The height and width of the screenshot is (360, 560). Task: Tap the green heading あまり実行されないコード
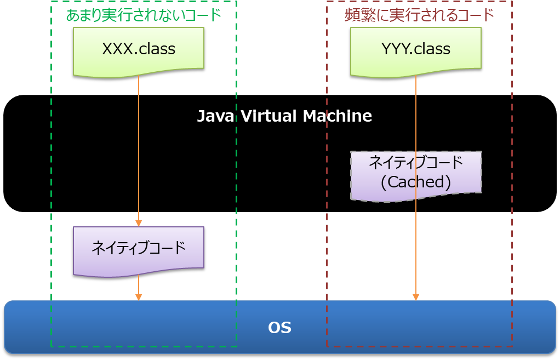click(x=144, y=15)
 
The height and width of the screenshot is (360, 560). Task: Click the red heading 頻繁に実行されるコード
click(x=419, y=15)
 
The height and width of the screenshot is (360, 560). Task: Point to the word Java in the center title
click(x=214, y=116)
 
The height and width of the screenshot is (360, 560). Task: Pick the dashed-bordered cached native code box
click(x=416, y=175)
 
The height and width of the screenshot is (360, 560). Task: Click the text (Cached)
click(x=416, y=182)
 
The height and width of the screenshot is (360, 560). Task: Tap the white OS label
click(x=279, y=328)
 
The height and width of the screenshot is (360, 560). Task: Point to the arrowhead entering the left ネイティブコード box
click(x=139, y=223)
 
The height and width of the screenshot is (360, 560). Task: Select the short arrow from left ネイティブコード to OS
click(x=139, y=286)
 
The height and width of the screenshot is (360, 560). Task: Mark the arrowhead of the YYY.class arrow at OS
click(x=416, y=297)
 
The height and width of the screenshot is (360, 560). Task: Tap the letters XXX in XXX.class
click(x=117, y=49)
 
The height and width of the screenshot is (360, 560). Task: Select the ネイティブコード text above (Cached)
click(x=416, y=163)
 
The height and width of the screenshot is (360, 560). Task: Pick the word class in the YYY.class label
click(x=432, y=49)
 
